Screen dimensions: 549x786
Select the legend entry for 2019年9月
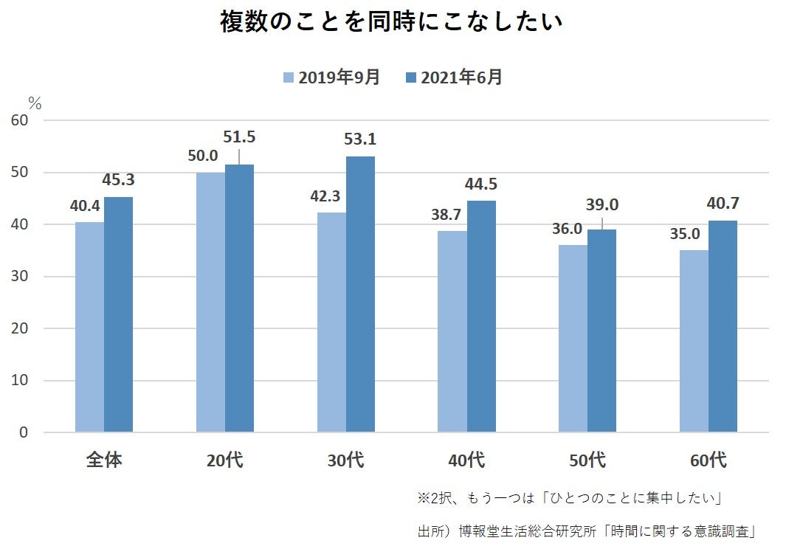click(x=331, y=77)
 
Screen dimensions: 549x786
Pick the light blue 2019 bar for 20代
click(x=210, y=302)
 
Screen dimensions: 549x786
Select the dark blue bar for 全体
click(x=118, y=314)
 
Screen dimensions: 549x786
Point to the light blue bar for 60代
click(x=694, y=341)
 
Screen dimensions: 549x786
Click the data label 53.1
click(x=359, y=139)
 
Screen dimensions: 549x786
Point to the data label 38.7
click(x=445, y=214)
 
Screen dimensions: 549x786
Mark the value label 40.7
click(x=723, y=204)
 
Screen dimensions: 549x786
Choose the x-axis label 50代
click(x=587, y=461)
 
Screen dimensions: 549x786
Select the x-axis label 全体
click(x=104, y=461)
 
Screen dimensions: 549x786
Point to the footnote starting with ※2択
click(x=568, y=499)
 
